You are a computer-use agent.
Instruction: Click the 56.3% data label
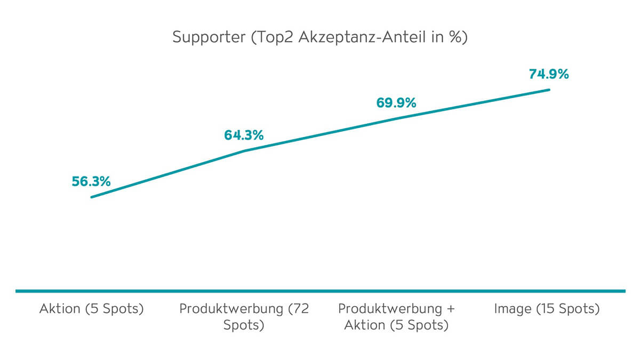click(x=91, y=181)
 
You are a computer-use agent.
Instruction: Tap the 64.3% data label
click(x=244, y=135)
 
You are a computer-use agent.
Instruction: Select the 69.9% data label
click(x=396, y=103)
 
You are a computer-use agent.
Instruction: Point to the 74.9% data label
click(x=549, y=74)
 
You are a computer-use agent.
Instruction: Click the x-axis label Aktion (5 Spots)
click(x=91, y=309)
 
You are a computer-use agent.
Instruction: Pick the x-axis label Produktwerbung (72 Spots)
click(x=244, y=317)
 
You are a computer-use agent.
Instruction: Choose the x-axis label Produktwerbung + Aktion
click(x=396, y=317)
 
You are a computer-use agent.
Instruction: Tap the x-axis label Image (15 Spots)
click(x=547, y=309)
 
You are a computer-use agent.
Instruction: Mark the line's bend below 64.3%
click(x=244, y=151)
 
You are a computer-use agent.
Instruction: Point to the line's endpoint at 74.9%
click(x=549, y=90)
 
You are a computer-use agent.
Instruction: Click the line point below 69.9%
click(x=396, y=118)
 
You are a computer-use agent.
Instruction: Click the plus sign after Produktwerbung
click(x=451, y=309)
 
